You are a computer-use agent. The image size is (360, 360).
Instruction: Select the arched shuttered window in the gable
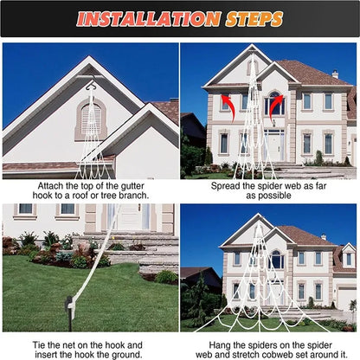[90, 119]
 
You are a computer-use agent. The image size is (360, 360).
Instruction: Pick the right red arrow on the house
[276, 106]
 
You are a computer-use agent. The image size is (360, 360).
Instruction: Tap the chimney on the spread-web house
[335, 74]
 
